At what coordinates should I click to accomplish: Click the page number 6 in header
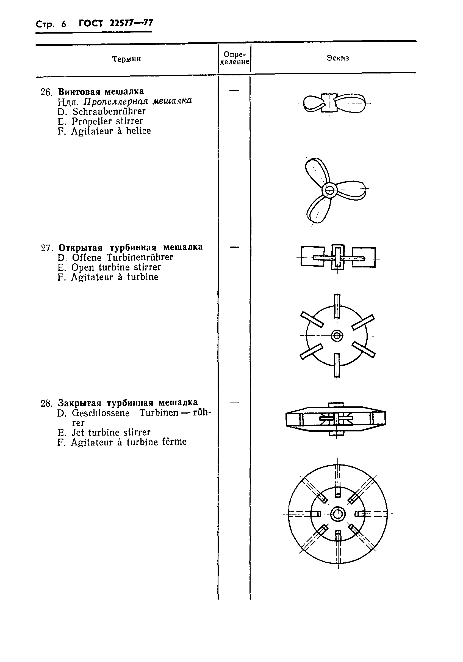click(64, 24)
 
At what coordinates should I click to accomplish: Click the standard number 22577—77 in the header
click(131, 23)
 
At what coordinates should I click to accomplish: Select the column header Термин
click(126, 59)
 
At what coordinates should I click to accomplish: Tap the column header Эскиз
click(338, 58)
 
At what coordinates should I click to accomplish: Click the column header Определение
click(234, 58)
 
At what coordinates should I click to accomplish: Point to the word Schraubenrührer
click(109, 111)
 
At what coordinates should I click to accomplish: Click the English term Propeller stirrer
click(107, 121)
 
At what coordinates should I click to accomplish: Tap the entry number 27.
click(46, 248)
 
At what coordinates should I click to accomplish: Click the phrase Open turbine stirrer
click(116, 267)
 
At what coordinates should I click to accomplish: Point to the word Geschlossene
click(101, 413)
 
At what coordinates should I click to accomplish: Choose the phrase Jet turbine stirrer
click(111, 432)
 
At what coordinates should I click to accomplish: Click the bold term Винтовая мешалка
click(101, 92)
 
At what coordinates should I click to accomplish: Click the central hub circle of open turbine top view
click(337, 336)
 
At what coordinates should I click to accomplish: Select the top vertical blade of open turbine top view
click(337, 306)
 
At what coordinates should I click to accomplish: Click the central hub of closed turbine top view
click(338, 514)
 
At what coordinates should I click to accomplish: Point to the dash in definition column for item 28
click(235, 403)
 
